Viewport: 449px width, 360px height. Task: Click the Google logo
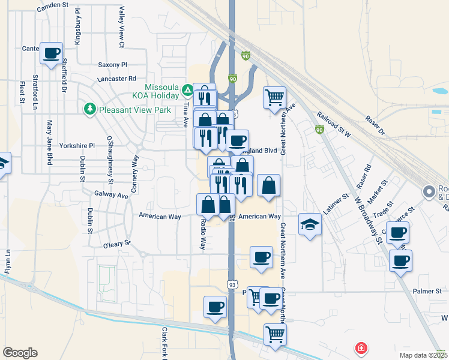click(x=20, y=352)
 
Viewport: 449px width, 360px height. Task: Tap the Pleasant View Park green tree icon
click(x=89, y=109)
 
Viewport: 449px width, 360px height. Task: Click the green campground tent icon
click(x=187, y=91)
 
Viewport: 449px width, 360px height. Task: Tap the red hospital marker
click(x=361, y=348)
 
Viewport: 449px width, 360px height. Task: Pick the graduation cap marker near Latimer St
click(x=310, y=224)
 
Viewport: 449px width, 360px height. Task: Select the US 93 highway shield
click(x=232, y=283)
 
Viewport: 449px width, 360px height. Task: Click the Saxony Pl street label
click(x=112, y=65)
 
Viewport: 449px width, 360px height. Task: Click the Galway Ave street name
click(x=111, y=195)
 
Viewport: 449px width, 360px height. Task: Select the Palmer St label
click(x=427, y=292)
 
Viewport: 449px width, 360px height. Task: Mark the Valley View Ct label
click(x=121, y=27)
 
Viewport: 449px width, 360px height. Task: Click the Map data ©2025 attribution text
click(x=424, y=355)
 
